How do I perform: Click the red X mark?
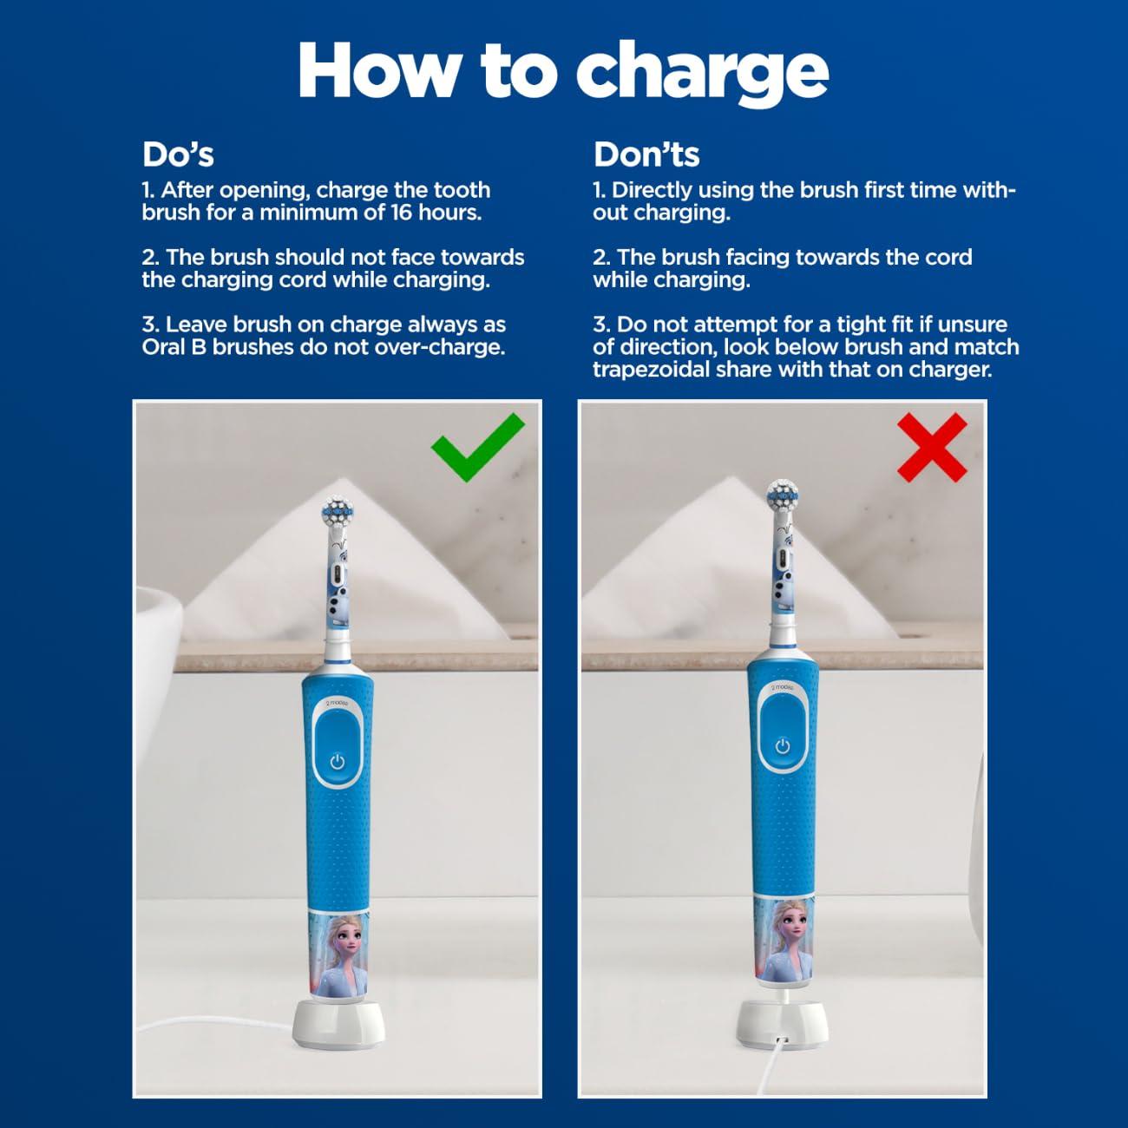click(932, 447)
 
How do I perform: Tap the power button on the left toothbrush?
click(338, 762)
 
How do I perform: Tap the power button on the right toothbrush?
click(783, 746)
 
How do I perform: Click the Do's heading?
click(178, 154)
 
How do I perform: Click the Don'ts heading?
click(646, 154)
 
